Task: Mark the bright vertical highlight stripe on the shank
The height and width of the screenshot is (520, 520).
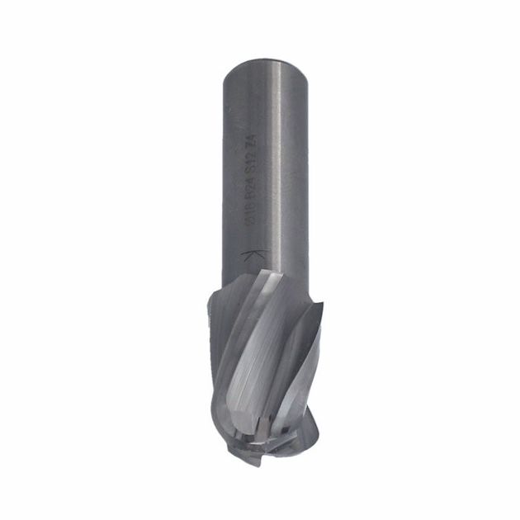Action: point(277,165)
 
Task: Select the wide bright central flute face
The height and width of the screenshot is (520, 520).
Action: point(248,363)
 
